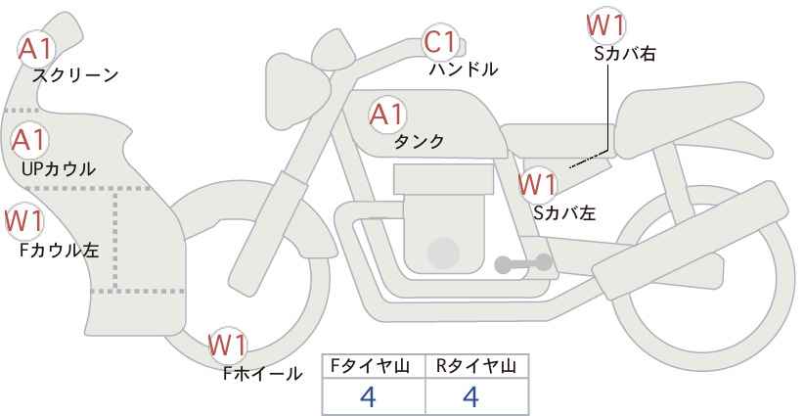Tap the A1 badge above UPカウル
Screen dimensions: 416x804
(x=30, y=140)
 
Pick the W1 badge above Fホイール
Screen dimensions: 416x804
(x=228, y=346)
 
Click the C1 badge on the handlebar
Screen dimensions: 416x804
(x=441, y=42)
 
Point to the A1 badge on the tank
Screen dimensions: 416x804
(x=387, y=115)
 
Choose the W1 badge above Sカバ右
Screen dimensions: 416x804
(x=606, y=23)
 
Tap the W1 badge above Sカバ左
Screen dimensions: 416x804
(x=537, y=183)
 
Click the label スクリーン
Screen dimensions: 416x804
(x=75, y=75)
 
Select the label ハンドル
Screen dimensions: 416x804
(x=464, y=69)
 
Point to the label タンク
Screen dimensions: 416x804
(x=419, y=142)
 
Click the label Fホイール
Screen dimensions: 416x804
(x=263, y=374)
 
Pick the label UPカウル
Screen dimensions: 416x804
(x=59, y=169)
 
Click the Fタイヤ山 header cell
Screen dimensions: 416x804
(x=373, y=366)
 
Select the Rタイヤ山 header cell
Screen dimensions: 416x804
(x=476, y=366)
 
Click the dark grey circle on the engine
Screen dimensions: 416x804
(x=444, y=254)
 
